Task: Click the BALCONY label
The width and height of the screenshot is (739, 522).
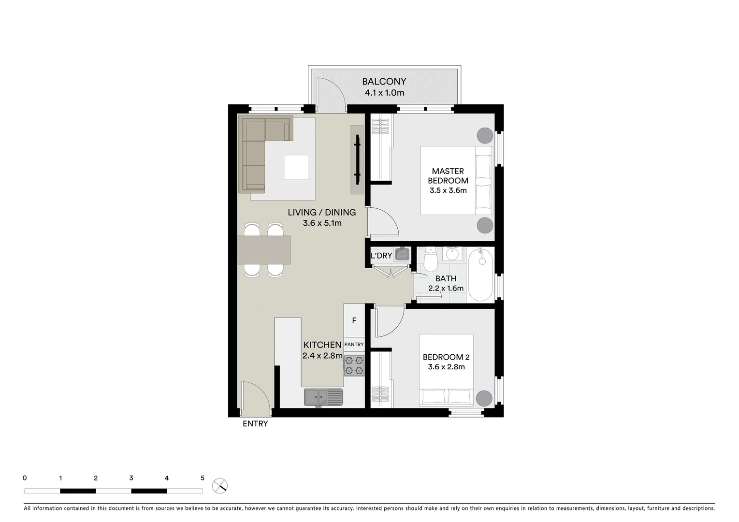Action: click(384, 82)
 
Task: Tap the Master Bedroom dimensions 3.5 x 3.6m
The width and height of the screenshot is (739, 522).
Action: click(448, 190)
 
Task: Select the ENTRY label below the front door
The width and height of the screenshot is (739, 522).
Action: click(255, 424)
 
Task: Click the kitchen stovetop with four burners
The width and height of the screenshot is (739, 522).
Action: click(354, 365)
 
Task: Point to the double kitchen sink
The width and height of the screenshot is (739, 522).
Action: click(323, 397)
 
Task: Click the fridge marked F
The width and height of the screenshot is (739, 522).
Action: click(354, 320)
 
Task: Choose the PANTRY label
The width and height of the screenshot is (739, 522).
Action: click(354, 345)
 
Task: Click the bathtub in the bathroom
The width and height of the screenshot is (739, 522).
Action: click(480, 274)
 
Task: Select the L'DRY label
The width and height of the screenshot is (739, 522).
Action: click(381, 256)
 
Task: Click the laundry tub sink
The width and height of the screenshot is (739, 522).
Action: click(402, 254)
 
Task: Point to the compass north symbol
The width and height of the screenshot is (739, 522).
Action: click(220, 485)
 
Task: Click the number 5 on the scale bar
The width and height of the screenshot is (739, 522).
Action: click(202, 478)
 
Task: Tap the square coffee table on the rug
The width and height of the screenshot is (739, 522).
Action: click(296, 167)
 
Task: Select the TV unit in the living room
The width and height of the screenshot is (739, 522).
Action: click(357, 159)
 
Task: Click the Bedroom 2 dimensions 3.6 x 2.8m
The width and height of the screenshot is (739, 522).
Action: click(446, 367)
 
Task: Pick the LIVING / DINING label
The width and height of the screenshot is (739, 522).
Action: click(321, 212)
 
